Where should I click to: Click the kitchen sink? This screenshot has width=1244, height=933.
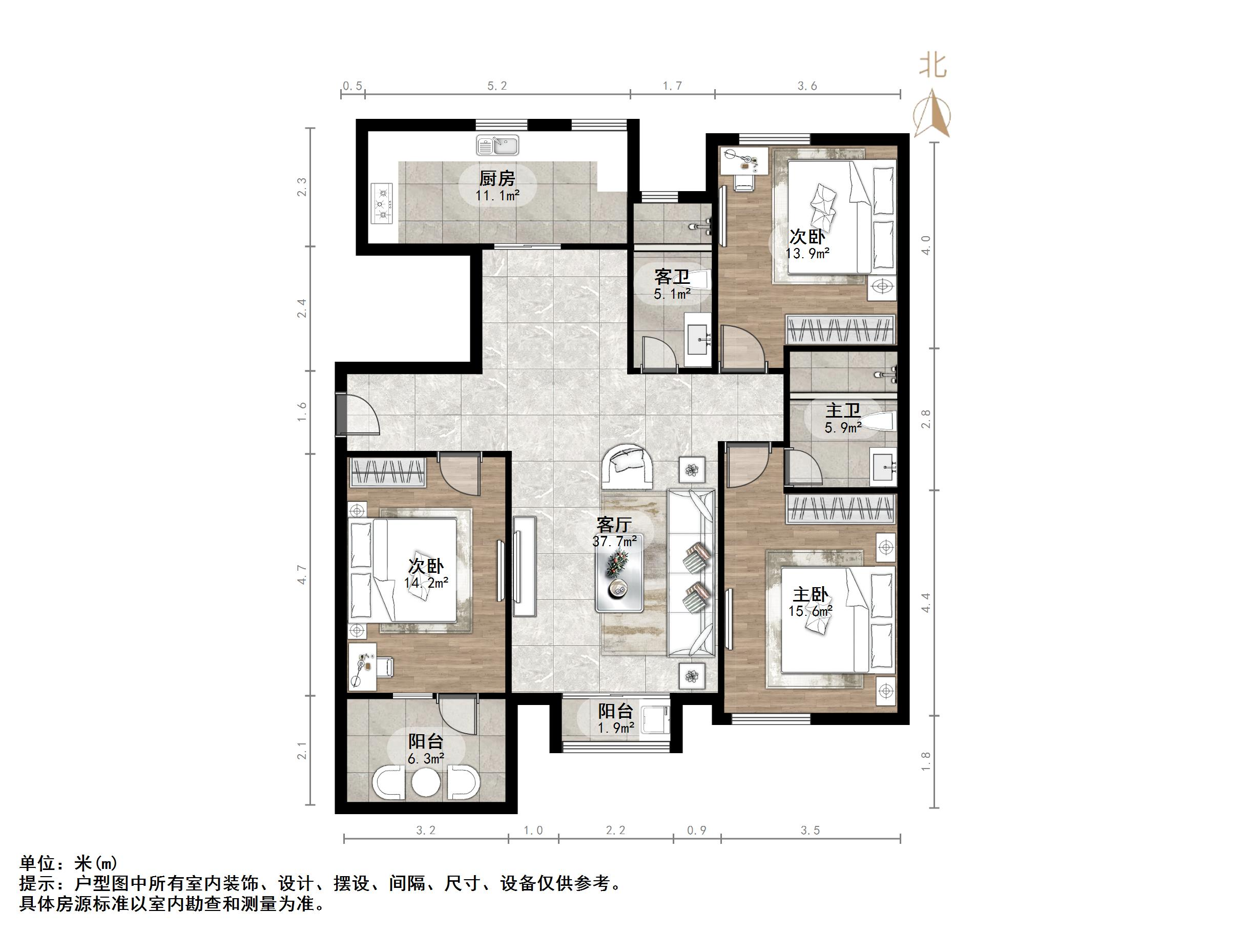(497, 145)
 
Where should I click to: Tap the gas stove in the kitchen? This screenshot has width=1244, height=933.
(383, 205)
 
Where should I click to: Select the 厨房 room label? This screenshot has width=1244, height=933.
(497, 179)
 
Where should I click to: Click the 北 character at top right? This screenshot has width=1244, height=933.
(933, 66)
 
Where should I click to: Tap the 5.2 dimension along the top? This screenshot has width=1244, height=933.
(497, 86)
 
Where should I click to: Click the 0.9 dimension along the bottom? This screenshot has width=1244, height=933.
(697, 830)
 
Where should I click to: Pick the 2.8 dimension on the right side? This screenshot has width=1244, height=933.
(926, 419)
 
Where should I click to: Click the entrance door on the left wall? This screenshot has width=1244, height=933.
(358, 414)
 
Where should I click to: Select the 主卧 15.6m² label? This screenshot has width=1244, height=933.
(811, 602)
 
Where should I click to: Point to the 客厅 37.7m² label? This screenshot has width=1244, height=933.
(614, 532)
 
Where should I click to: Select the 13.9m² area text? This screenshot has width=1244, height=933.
(807, 254)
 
